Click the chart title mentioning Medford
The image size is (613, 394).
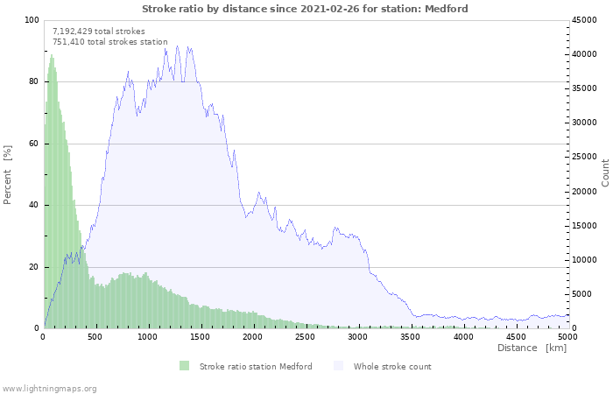point(305,9)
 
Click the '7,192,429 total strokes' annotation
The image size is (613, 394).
point(99,31)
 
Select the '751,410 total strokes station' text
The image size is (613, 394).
point(109,41)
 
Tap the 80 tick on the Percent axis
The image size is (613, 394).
point(33,81)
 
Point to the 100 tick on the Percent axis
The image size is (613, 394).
point(32,20)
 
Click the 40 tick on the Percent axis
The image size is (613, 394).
point(33,205)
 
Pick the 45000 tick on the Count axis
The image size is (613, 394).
point(584,20)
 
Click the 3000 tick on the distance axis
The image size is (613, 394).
point(357,336)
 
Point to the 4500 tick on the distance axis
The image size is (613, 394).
point(515,336)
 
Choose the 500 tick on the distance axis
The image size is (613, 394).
point(95,336)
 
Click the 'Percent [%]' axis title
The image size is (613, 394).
point(8,174)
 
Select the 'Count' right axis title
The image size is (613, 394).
point(605,172)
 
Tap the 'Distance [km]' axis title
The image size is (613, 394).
point(532,348)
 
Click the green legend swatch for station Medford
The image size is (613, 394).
point(184,366)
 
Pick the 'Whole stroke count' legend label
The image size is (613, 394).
point(392,366)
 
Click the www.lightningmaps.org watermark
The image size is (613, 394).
point(49,388)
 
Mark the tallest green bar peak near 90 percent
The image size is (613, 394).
point(52,56)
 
